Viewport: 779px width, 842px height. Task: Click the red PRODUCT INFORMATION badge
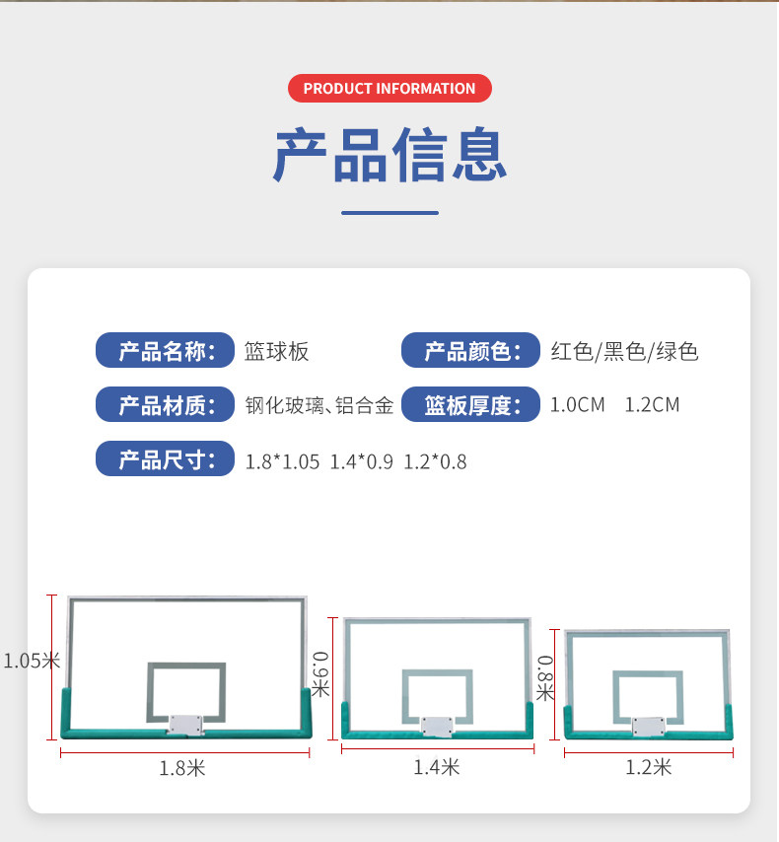389,89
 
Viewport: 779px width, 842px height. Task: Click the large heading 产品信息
389,155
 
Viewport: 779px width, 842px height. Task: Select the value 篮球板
277,351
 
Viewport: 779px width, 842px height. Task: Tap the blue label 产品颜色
471,351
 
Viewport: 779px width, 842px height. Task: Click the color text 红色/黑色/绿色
624,351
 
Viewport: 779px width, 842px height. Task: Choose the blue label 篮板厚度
471,404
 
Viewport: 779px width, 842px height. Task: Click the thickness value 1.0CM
578,404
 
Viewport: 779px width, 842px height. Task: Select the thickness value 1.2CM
653,404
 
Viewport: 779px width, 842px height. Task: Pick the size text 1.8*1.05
283,461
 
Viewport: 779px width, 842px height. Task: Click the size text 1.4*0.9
361,461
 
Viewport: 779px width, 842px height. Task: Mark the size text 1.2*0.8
435,461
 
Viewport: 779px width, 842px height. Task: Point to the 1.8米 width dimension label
182,768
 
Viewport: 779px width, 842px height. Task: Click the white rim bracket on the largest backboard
185,725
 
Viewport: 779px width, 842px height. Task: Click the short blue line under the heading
389,212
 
